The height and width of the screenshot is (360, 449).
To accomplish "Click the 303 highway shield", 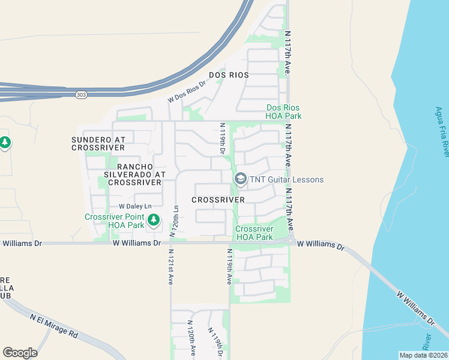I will coord(81,95).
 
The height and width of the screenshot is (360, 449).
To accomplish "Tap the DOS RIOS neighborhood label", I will coord(229,76).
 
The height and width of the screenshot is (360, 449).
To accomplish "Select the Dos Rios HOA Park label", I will coord(284,112).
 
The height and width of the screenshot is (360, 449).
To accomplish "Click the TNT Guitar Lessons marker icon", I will coord(241,179).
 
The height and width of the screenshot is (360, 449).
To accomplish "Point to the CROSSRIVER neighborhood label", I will coord(218,199).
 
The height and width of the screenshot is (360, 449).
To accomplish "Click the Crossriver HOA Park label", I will coord(254,233).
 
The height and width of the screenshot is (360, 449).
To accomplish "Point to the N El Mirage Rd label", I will coord(55,325).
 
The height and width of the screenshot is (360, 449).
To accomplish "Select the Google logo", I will coord(20,352).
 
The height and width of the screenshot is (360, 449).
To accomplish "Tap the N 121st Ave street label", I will coord(170,266).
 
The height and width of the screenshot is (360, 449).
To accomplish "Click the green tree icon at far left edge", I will coord(5,143).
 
